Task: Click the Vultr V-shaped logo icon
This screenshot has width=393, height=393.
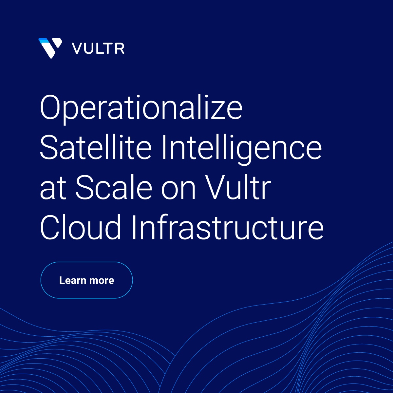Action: tap(50, 48)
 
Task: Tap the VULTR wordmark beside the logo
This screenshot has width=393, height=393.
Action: tap(98, 48)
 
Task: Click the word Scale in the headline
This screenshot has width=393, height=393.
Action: tap(114, 188)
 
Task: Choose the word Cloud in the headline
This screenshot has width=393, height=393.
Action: tap(81, 227)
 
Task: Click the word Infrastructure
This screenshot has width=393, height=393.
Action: tap(228, 227)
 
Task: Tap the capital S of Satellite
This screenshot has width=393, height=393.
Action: tap(50, 148)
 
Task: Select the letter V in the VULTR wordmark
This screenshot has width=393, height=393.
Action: tap(77, 48)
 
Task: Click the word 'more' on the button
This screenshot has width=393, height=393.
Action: tap(102, 281)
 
